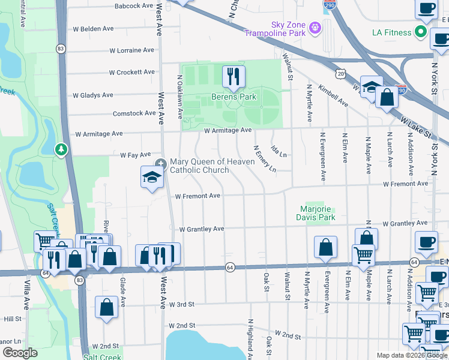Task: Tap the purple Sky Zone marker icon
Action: (315, 27)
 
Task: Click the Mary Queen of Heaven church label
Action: (199, 166)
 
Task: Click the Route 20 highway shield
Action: (341, 73)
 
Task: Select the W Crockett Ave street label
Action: (131, 72)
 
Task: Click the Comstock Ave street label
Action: (134, 113)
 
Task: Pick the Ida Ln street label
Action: (279, 151)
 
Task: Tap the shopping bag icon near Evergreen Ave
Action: (325, 247)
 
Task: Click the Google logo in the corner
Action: (20, 353)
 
